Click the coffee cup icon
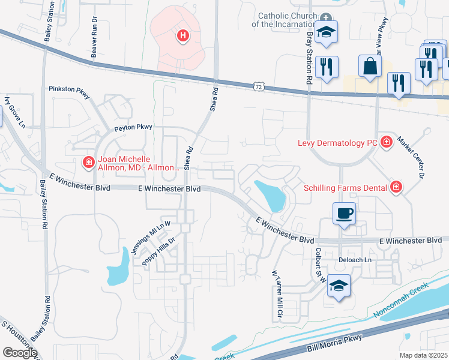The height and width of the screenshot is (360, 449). pos(344,214)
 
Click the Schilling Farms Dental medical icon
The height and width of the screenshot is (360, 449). pos(396,188)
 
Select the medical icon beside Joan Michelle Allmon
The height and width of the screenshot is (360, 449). pos(88,162)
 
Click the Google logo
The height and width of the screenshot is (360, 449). pos(20,352)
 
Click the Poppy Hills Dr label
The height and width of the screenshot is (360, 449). pos(158,251)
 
